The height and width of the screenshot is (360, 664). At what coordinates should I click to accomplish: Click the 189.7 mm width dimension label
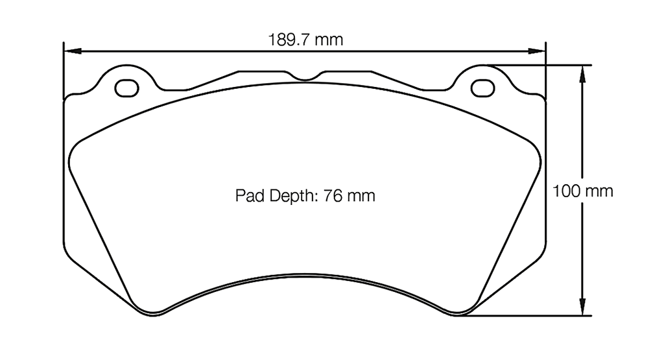coord(305,40)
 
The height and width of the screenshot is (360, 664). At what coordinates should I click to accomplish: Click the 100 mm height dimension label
coord(582,191)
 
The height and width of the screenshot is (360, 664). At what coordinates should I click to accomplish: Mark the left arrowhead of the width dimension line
coord(70,50)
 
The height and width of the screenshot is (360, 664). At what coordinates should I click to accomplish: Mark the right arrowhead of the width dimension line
coord(539,50)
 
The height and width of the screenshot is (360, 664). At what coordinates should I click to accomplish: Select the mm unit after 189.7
coord(329,40)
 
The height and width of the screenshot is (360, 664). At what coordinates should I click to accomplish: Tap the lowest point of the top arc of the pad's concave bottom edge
coord(305,274)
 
